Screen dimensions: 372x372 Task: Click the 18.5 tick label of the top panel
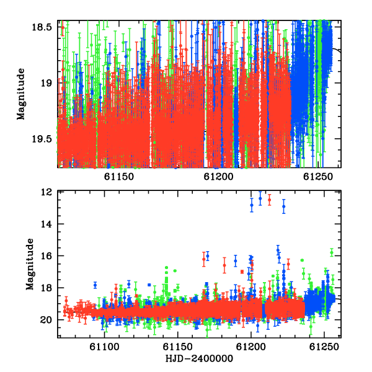coord(42,27)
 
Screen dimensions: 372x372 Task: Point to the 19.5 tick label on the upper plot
coord(42,139)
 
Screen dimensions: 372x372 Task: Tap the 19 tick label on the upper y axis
coord(46,83)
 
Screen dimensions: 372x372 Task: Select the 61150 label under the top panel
coord(119,177)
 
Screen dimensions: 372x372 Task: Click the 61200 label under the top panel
coord(218,177)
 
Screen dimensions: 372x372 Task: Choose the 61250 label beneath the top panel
coord(318,177)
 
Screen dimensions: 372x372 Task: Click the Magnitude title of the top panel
coord(21,94)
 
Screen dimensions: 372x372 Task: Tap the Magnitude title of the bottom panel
coord(30,264)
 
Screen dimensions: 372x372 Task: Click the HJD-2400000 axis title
coord(199,358)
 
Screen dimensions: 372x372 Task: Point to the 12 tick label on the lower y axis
coord(46,192)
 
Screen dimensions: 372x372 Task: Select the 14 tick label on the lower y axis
coord(46,224)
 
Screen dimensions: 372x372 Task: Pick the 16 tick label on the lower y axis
coord(46,255)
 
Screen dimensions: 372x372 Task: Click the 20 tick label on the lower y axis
coord(46,320)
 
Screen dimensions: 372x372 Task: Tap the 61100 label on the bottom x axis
coord(104,347)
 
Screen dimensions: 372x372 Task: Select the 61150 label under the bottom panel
coord(177,347)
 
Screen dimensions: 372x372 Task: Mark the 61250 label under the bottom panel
coord(324,347)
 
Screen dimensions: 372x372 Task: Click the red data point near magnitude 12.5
coord(269,200)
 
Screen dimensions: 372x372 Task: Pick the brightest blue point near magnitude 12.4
coord(260,198)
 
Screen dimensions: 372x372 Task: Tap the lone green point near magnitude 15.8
coord(332,252)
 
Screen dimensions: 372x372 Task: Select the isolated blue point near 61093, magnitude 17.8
coord(95,285)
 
